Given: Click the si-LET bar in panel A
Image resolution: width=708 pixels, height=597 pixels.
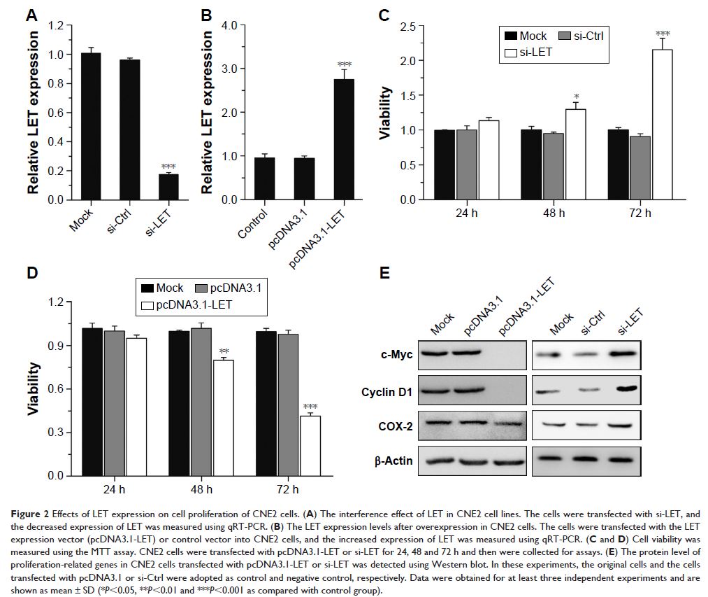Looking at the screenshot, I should (168, 187).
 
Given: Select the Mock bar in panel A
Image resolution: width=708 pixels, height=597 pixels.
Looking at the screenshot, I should (90, 127).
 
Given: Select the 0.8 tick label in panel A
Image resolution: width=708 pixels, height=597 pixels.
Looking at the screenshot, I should (55, 84).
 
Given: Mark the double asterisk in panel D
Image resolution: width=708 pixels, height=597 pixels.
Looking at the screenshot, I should (225, 352).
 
